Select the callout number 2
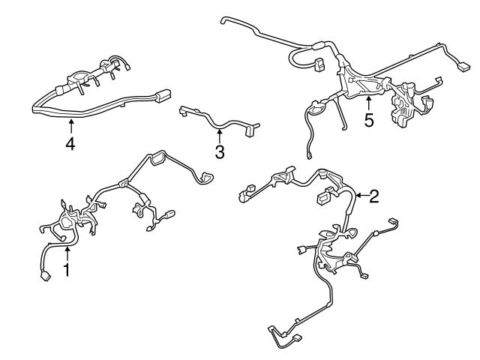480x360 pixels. tap(373, 196)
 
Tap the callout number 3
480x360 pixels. tap(219, 152)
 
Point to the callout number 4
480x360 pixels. tap(70, 142)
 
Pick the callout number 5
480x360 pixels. tap(368, 120)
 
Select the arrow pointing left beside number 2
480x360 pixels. tap(359, 196)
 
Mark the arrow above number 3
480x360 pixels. tap(218, 135)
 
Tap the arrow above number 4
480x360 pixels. tap(70, 124)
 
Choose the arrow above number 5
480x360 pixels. tap(367, 100)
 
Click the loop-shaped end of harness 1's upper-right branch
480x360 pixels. tap(203, 177)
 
